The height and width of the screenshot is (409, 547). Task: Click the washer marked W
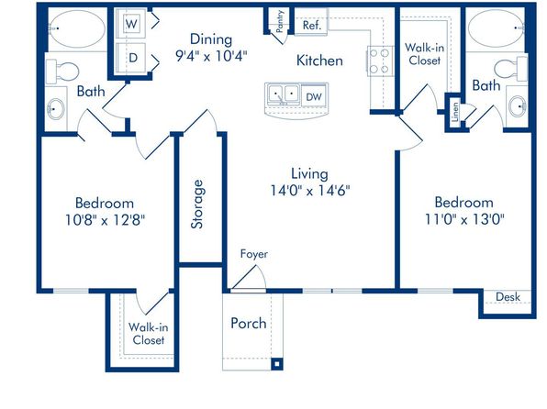pos(131,23)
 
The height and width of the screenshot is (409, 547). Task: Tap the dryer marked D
pos(131,58)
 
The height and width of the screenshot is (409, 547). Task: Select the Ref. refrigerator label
pos(311,25)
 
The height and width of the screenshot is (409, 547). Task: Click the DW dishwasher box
pos(314,96)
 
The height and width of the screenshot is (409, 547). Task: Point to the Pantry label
pos(279,21)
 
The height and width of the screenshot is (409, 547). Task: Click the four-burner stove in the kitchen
pos(380,61)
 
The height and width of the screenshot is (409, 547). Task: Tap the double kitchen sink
pos(284,94)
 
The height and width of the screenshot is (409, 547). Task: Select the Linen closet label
pos(454,112)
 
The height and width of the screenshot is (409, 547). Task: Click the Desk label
pos(508,297)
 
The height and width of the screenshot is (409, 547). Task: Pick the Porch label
pos(249,323)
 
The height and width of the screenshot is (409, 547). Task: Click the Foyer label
pos(254,254)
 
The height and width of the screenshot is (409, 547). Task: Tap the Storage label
pos(197,204)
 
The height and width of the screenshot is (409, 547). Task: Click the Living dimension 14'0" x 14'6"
pos(310,191)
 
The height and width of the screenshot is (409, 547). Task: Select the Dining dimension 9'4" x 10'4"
pos(211,55)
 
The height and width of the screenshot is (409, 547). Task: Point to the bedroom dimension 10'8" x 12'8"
pos(105,220)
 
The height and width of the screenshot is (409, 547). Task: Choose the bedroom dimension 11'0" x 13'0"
pos(464,220)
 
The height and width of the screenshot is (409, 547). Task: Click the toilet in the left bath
pos(62,72)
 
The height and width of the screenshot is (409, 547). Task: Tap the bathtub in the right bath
pos(497,28)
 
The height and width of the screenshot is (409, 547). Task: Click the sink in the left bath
pos(56,109)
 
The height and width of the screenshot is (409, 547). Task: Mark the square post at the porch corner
pos(277,364)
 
